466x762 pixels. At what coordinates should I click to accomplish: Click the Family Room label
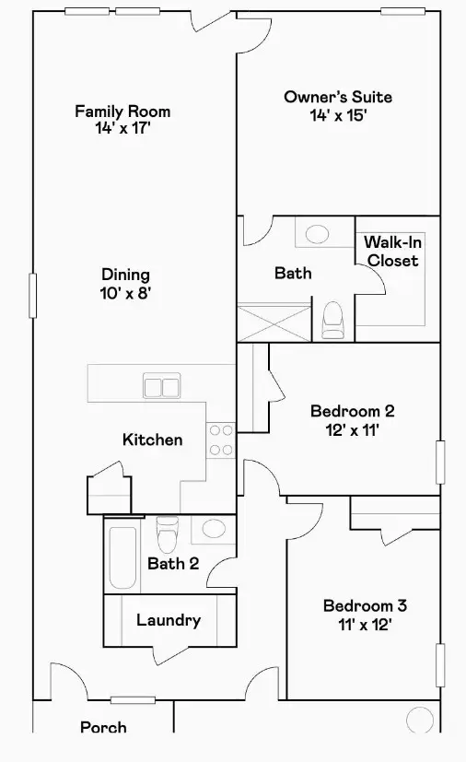point(122,111)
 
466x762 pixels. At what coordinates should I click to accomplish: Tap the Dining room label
point(125,275)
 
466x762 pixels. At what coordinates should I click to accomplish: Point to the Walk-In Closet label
point(391,252)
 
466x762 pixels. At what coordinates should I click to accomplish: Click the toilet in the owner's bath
point(332,320)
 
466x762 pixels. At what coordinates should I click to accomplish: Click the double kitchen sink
point(160,387)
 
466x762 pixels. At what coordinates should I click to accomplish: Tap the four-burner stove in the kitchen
point(220,440)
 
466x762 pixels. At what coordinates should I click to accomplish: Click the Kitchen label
point(152,440)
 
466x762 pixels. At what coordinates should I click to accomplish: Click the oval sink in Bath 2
point(214,529)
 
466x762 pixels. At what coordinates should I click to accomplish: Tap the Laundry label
point(169,620)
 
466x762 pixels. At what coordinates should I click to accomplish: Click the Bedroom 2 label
point(352,411)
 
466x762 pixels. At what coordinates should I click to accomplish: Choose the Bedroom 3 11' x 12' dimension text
point(364,624)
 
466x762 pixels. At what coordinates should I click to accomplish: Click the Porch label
point(103,728)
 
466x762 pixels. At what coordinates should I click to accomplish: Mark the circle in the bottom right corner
point(419,718)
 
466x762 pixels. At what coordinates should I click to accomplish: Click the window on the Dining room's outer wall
point(34,295)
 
